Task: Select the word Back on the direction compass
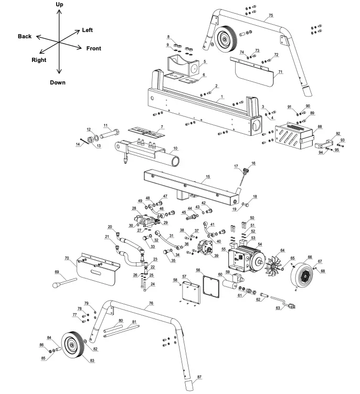pos(25,36)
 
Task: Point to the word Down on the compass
pos(58,82)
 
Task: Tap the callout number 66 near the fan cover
pos(309,257)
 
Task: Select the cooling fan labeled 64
pos(276,262)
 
